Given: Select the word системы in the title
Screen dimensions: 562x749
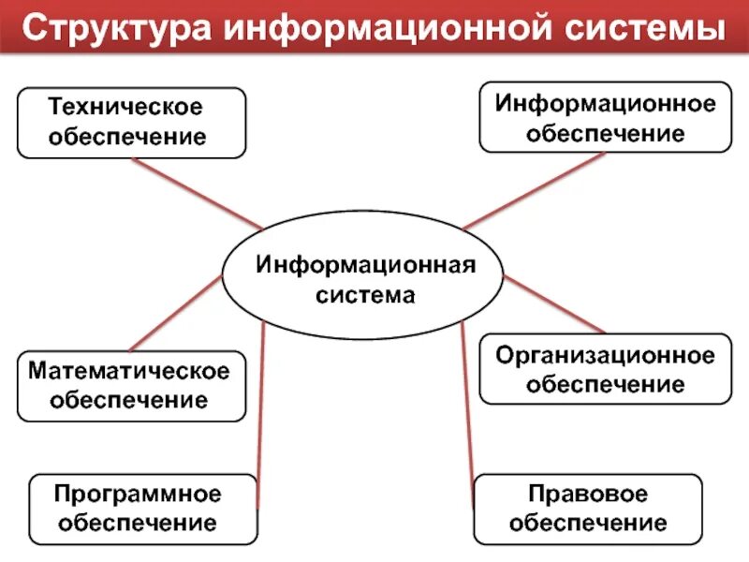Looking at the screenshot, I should point(643,28).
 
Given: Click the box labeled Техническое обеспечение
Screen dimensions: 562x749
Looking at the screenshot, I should point(131,122).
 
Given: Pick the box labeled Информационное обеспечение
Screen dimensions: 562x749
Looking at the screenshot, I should point(605,117).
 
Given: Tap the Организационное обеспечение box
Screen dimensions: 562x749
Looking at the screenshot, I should point(605,369).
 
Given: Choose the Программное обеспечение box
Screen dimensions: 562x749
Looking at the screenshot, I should point(142,509).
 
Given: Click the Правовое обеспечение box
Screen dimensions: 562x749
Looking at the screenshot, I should point(588,509).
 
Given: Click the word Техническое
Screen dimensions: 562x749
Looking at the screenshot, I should point(125,108).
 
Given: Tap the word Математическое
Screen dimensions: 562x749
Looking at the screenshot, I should point(129,371).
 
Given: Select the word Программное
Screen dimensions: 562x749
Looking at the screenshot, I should point(138,493).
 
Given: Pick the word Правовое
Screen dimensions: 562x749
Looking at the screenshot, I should point(588,494).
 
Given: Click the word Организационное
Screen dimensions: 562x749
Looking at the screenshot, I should point(605,355).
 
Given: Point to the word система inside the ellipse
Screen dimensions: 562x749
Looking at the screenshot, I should point(366,295).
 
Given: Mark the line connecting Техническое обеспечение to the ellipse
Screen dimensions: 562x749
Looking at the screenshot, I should point(197,193).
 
